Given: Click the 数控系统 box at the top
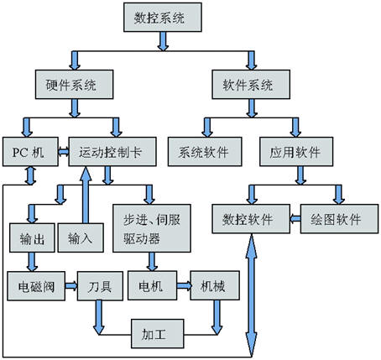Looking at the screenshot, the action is [163, 18].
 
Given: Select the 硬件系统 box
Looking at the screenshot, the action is [74, 84].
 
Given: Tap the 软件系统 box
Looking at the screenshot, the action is [251, 84].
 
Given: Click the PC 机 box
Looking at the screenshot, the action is [30, 152].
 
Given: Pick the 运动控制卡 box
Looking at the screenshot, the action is [112, 152].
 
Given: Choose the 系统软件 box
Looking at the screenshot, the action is [205, 152].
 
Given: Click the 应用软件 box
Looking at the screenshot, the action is [296, 152].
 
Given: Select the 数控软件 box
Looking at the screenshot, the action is [251, 219].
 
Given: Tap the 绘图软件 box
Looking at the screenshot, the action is [339, 219].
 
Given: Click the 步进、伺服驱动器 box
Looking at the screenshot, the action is [152, 228].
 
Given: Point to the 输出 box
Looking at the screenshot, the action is [32, 237].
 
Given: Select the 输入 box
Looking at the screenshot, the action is [81, 237].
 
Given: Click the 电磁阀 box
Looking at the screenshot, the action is [36, 286].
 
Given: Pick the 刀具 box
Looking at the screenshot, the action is [100, 286].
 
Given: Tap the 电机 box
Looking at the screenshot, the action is [152, 285].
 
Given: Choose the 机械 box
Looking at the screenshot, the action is [215, 285].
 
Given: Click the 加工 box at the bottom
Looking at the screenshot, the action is [158, 334].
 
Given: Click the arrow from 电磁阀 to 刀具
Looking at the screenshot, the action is [71, 286].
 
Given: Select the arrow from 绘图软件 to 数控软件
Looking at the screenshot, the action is [295, 219].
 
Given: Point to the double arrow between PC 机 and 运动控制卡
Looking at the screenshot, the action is [64, 152].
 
